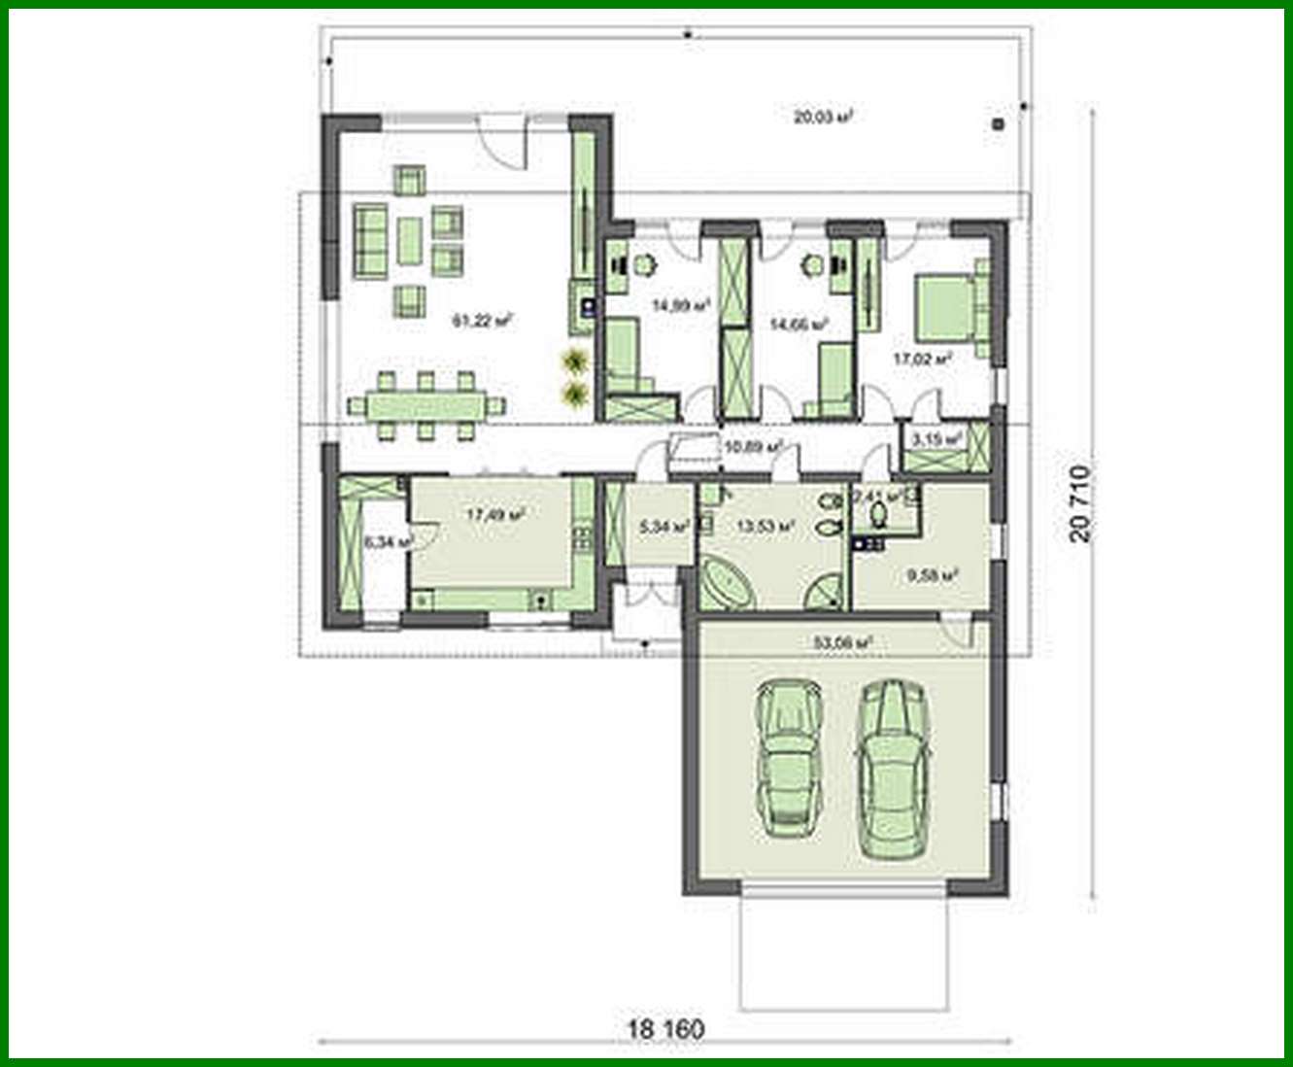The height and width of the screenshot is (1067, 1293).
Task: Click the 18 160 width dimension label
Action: tap(665, 1028)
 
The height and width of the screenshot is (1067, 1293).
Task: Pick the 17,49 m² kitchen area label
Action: tap(495, 515)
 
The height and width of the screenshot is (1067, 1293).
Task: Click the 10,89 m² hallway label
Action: tap(754, 447)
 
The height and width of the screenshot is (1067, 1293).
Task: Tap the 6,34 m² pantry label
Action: tap(389, 541)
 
